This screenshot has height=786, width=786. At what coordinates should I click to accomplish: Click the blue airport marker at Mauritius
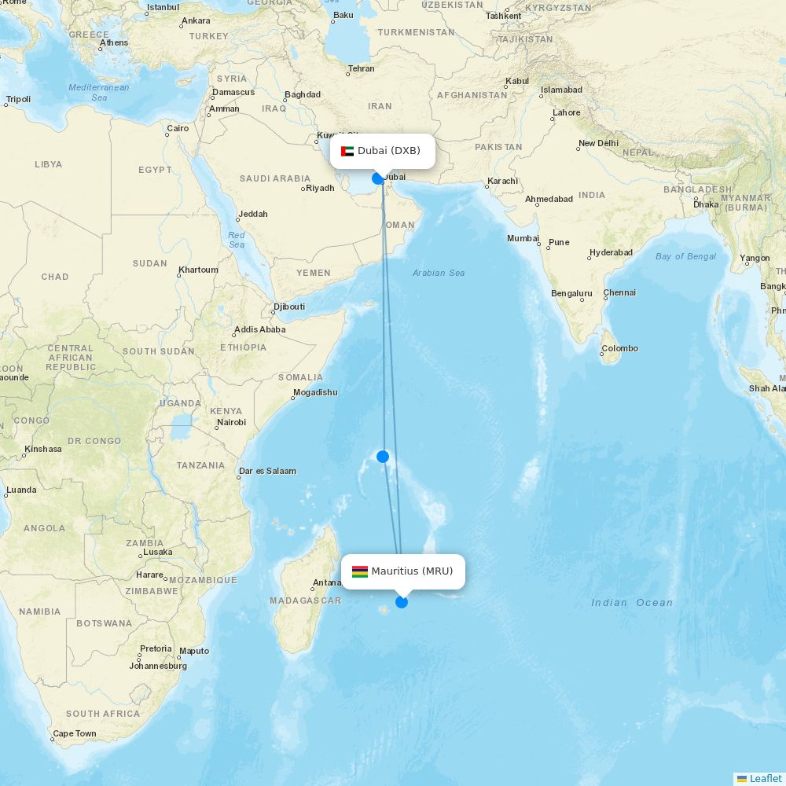402,602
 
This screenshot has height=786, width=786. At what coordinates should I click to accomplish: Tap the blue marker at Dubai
378,178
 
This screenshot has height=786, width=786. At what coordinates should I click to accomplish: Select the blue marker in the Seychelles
383,456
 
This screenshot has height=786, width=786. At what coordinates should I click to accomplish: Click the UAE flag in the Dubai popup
347,151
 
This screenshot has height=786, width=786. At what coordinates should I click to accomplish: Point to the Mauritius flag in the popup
360,571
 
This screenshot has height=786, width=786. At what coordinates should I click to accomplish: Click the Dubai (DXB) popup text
389,151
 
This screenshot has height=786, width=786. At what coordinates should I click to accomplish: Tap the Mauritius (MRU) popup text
412,571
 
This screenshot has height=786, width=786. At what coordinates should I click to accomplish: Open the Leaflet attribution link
765,778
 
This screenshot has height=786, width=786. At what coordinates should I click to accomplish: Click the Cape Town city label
75,734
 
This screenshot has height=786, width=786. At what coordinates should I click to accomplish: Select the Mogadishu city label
315,392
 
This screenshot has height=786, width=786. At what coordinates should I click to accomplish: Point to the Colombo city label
620,348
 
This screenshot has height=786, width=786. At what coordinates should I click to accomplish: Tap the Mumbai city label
523,238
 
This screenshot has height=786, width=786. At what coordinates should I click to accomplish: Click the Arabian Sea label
439,273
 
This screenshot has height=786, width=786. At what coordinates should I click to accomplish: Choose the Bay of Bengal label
685,256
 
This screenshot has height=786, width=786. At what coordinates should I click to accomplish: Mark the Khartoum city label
198,270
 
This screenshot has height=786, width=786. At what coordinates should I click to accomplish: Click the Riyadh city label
320,188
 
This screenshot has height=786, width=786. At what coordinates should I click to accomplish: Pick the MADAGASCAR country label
305,601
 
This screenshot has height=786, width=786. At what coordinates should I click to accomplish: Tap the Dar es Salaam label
268,471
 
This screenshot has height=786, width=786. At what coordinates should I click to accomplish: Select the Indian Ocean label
632,603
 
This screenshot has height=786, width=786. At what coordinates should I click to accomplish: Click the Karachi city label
502,181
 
